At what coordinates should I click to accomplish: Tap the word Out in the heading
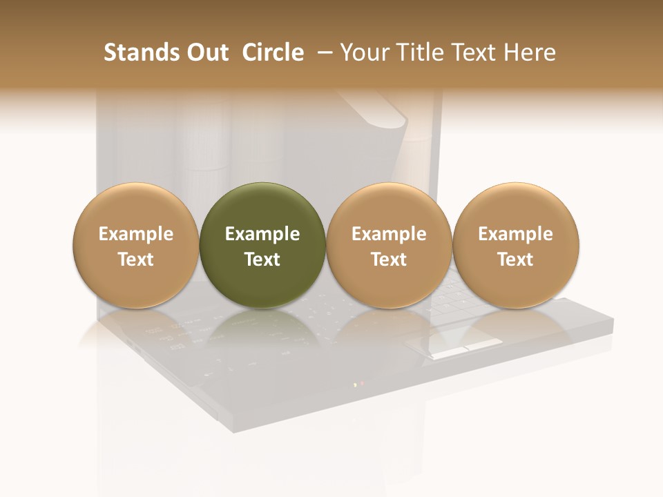click(206, 52)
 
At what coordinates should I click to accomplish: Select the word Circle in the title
click(273, 52)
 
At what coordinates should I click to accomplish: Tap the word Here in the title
click(530, 52)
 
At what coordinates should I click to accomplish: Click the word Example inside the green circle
click(262, 234)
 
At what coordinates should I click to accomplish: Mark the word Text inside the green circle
click(262, 260)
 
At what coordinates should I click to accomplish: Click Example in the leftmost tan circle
click(136, 234)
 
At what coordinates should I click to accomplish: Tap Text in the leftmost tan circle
click(136, 260)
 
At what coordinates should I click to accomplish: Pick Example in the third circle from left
click(389, 234)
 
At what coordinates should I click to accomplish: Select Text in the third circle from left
click(389, 260)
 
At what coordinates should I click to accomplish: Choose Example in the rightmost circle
click(515, 234)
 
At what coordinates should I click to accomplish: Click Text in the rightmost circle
click(515, 260)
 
